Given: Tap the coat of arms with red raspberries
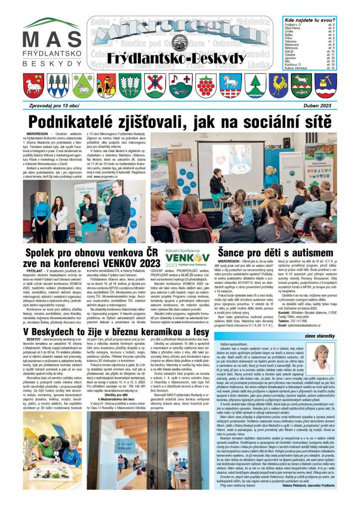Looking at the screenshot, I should click(205, 85).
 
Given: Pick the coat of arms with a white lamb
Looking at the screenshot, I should click(34, 85).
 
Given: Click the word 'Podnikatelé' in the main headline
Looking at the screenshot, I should click(82, 121).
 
